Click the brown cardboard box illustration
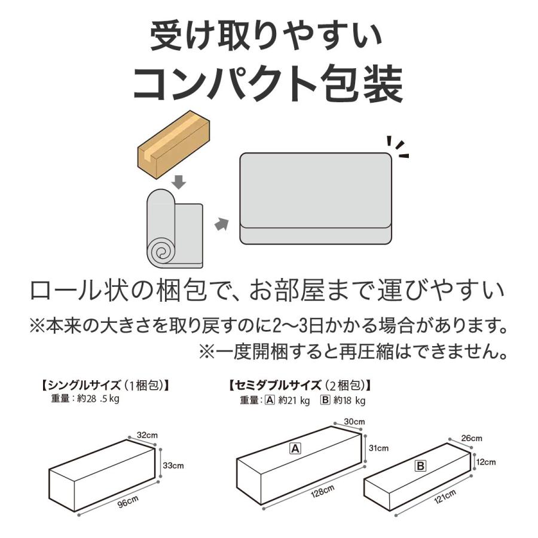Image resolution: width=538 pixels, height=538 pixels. coord(173,144)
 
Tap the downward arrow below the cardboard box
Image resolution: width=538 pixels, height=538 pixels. coord(179,182)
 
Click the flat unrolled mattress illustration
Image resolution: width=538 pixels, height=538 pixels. coord(316,198)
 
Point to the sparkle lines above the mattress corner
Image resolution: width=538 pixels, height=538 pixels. coord(398,147)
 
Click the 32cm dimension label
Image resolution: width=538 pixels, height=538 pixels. coord(147,435)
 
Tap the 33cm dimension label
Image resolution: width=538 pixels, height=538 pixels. coord(173,466)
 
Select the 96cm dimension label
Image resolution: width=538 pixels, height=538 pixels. coord(128,502)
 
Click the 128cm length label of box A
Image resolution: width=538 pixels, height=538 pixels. coord(322,491)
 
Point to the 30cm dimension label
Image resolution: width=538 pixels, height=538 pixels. coord(354,421)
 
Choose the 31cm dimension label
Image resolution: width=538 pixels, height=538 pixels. coord(378,448)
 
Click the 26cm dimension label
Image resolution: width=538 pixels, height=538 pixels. coord(472,438)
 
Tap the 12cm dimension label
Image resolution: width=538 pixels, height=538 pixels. coord(486,462)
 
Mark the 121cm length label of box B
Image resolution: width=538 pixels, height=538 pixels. coord(445,497)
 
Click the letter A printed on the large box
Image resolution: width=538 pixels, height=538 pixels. coord(295,448)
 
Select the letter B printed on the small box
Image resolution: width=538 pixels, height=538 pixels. coord(420,466)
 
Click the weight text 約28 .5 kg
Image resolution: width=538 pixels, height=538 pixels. coord(98,399)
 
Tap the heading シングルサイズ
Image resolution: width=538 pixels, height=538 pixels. coord(84,386)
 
